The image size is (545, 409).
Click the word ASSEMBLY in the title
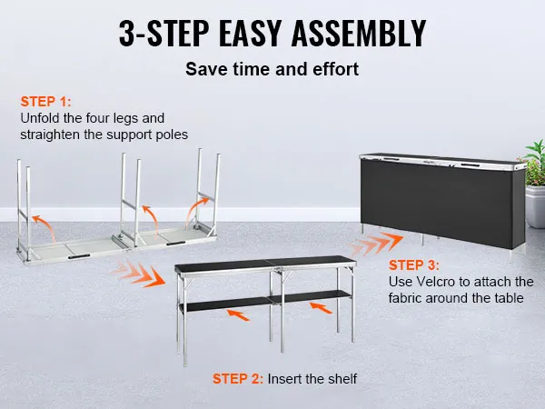[x=359, y=33]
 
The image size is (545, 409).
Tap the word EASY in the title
[x=251, y=33]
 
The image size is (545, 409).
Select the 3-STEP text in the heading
[x=164, y=33]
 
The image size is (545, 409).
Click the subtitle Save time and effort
[x=272, y=69]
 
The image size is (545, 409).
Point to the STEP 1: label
[x=45, y=102]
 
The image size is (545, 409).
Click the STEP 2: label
[x=238, y=379]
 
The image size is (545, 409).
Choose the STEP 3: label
[x=414, y=265]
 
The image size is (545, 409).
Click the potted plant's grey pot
[x=535, y=206]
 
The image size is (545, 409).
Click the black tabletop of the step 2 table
[x=264, y=263]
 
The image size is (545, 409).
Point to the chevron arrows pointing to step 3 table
[x=376, y=244]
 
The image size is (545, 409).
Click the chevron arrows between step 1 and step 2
[x=139, y=274]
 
